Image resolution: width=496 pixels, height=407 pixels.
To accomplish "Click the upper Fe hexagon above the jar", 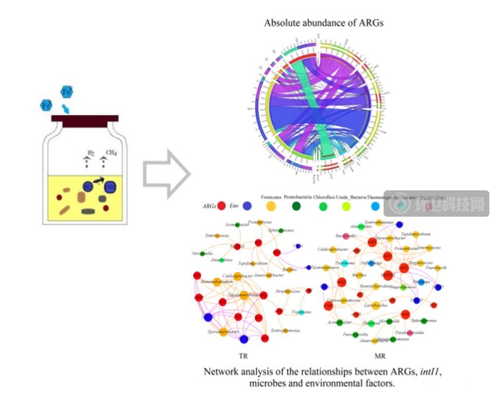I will [x=67, y=92].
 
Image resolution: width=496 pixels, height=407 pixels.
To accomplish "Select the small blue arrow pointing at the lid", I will [x=65, y=108].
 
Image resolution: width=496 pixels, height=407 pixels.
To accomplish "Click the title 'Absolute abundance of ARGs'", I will [x=323, y=22].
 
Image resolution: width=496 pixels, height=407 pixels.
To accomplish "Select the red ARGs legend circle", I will [x=222, y=206].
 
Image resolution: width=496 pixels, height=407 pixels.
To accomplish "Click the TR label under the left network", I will [x=243, y=354].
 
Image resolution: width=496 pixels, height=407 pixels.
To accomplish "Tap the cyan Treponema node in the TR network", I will [x=302, y=313].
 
